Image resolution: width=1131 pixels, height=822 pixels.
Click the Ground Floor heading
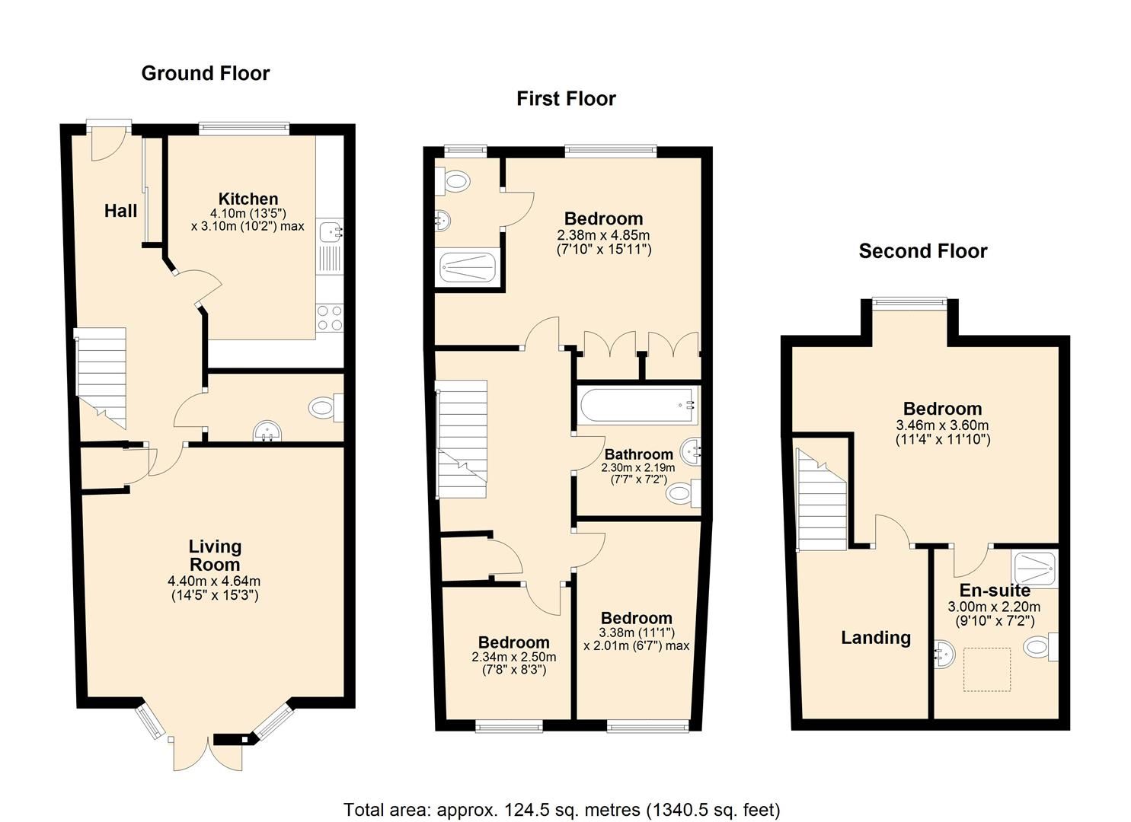(206, 74)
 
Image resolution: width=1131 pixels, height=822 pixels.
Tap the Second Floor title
(923, 251)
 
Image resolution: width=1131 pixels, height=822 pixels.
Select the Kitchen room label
(248, 199)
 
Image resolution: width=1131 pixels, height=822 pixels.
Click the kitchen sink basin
(331, 231)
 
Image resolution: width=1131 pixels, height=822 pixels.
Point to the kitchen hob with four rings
(330, 318)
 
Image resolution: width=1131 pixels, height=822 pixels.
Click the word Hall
(120, 211)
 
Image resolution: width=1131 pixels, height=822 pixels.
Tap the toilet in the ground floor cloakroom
(326, 407)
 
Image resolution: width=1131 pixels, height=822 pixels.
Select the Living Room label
(215, 555)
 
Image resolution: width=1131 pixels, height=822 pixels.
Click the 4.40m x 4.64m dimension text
(214, 581)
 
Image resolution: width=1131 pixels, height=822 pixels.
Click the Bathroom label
(639, 454)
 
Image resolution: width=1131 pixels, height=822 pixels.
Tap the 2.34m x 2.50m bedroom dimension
(514, 657)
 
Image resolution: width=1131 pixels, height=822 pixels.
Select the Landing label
(876, 638)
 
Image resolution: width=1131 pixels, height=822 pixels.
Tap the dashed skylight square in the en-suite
(987, 670)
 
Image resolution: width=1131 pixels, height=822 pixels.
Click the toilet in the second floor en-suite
(1040, 647)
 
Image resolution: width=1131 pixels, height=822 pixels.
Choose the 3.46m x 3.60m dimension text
(943, 425)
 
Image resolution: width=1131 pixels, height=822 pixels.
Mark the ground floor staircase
(101, 378)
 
